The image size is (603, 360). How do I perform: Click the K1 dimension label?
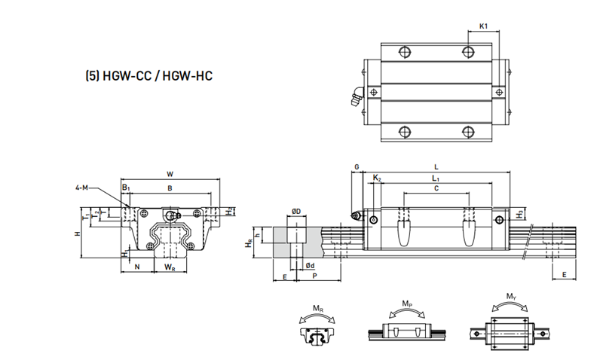click(x=484, y=26)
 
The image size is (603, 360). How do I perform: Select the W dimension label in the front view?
click(x=170, y=174)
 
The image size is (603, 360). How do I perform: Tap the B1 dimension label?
click(x=126, y=187)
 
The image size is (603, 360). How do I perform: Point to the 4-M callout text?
click(x=85, y=188)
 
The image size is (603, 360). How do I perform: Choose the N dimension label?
click(x=136, y=267)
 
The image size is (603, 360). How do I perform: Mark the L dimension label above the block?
click(x=437, y=166)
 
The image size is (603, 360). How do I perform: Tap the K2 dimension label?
click(x=377, y=178)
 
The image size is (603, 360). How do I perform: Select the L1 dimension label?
click(x=436, y=178)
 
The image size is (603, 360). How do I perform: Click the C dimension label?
click(x=436, y=189)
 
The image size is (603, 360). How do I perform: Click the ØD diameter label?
click(x=296, y=211)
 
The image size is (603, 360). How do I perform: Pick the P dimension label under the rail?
click(x=313, y=277)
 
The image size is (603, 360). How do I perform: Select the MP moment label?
click(x=406, y=304)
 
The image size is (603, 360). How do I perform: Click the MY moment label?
click(x=511, y=296)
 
